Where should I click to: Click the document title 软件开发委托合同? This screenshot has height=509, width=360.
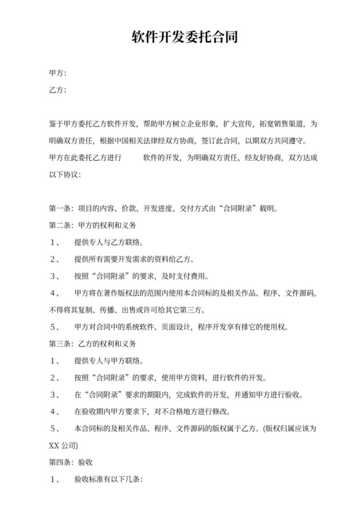[x=180, y=37]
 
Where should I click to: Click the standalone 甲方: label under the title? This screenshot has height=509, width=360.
[x=58, y=73]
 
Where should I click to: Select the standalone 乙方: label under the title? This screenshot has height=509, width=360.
[x=58, y=89]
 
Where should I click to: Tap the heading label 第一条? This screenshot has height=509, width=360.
[x=61, y=208]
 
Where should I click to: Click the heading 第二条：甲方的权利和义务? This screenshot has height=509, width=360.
[x=93, y=226]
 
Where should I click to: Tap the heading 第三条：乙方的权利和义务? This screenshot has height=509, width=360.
[x=93, y=343]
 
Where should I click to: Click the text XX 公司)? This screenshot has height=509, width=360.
[x=64, y=445]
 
